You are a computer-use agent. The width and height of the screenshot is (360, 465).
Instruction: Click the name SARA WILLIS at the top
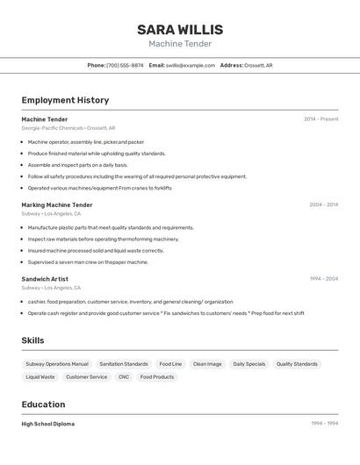[180, 29]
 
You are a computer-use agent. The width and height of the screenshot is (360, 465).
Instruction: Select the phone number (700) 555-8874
[125, 65]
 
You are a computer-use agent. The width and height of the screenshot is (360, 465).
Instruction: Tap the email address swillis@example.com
[191, 65]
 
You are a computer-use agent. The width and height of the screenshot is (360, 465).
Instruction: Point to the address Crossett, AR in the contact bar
[258, 65]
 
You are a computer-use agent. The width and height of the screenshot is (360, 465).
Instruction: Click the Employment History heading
[65, 100]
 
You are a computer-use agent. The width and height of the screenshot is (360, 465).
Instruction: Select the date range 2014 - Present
[320, 119]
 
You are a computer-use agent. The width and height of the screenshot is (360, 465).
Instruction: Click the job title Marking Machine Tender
[57, 205]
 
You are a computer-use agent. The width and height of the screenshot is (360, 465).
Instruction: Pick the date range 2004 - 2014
[323, 205]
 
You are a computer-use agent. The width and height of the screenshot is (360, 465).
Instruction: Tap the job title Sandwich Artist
[45, 279]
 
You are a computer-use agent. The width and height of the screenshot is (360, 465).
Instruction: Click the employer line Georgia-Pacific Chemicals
[53, 128]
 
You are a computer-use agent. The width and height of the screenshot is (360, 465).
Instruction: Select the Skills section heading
[33, 340]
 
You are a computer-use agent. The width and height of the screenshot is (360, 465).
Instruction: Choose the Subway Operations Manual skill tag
[57, 364]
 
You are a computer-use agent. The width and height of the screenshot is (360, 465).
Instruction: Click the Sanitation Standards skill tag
[124, 364]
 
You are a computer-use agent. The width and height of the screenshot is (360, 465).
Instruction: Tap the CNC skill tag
[124, 377]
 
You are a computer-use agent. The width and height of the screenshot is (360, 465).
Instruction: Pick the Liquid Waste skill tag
[40, 377]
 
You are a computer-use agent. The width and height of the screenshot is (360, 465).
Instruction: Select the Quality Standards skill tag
[297, 364]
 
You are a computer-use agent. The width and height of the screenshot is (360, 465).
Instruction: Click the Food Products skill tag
[157, 377]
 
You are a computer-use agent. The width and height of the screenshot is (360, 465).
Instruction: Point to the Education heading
[43, 404]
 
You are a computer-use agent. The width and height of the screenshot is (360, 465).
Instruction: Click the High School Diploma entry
[48, 424]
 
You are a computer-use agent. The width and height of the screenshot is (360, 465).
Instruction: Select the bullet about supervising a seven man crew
[88, 261]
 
